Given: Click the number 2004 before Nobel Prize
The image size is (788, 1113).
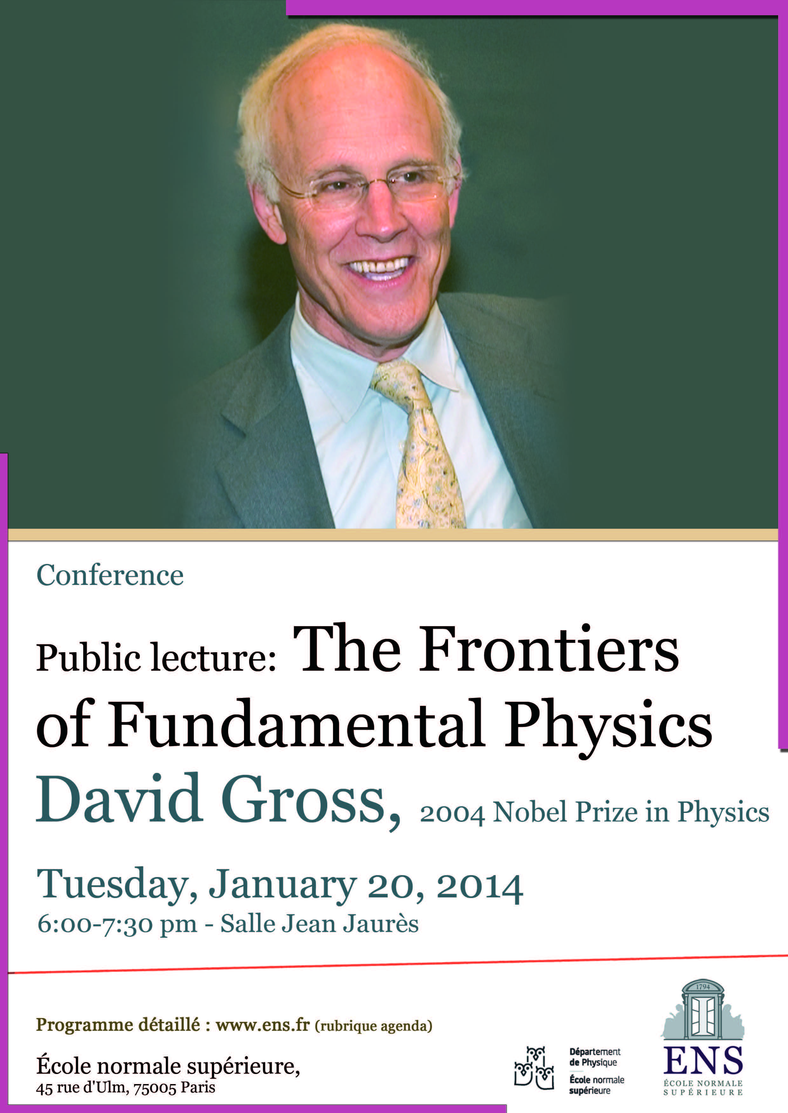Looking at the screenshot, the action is (452, 813).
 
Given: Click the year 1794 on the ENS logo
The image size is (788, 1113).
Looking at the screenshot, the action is (703, 987).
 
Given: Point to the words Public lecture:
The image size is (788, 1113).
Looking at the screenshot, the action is (156, 658).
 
